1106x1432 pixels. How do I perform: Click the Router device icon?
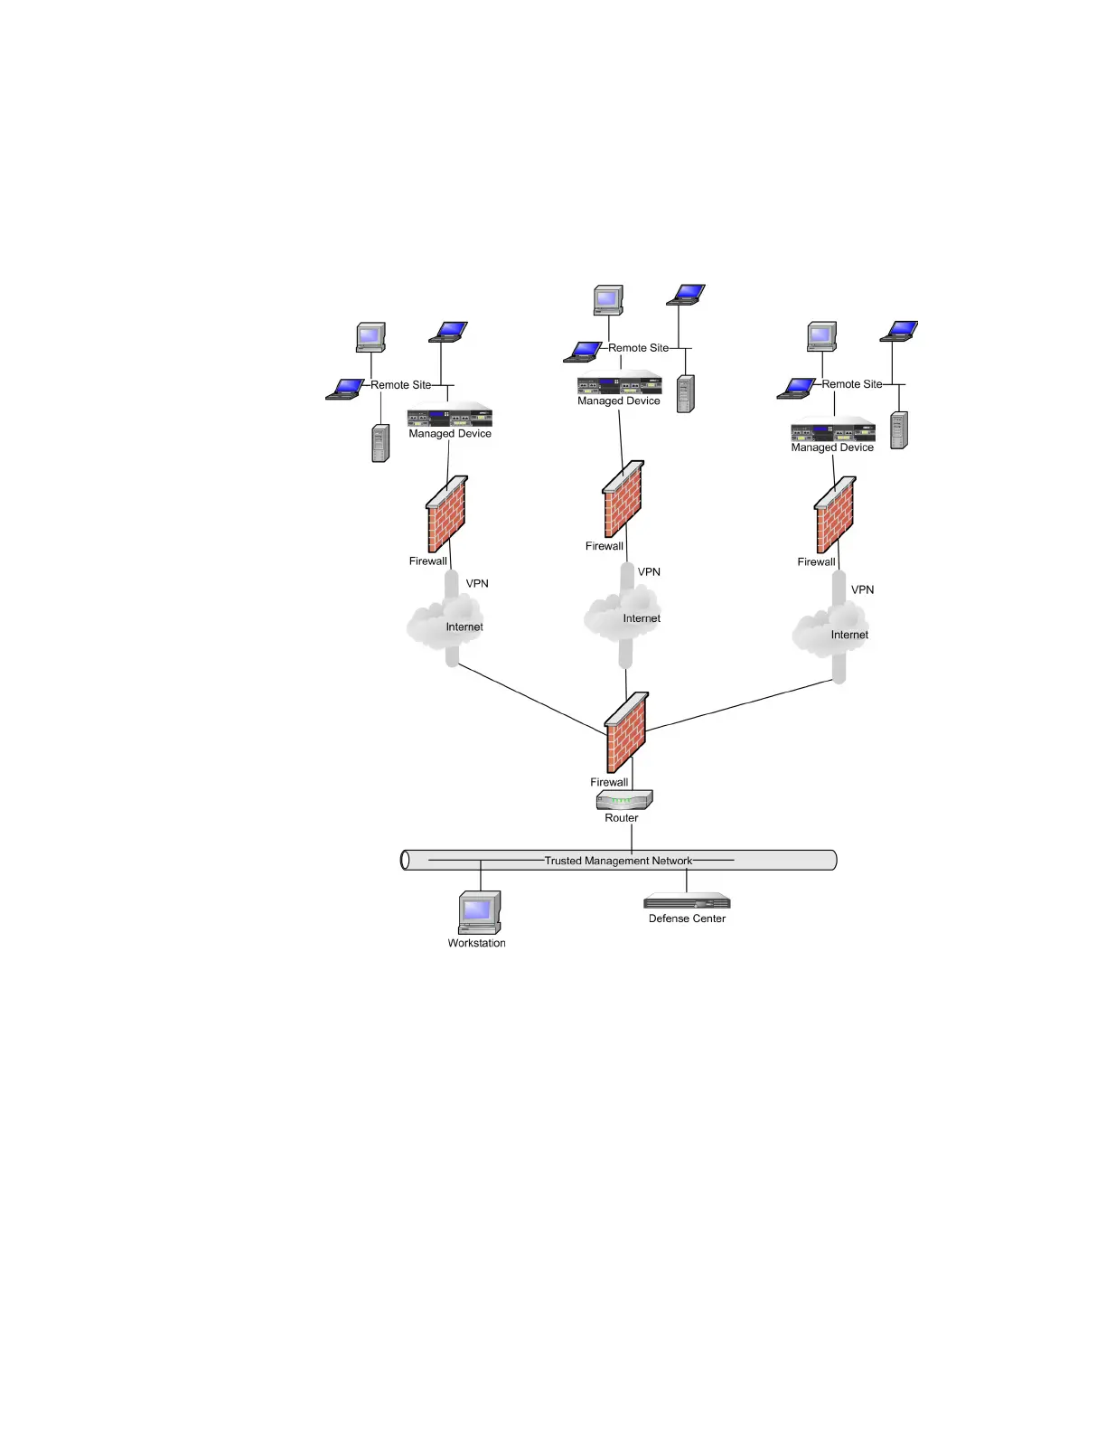[624, 800]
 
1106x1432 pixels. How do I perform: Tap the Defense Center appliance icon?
[687, 901]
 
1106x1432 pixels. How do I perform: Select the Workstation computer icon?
[479, 912]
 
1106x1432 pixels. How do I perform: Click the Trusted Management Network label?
[618, 861]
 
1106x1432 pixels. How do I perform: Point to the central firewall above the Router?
[626, 731]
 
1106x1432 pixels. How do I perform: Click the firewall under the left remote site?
[446, 513]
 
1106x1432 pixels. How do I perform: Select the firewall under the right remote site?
[834, 514]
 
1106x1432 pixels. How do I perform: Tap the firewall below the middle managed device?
[623, 499]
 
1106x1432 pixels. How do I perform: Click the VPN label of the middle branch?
[649, 571]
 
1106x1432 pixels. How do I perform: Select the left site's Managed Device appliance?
[449, 417]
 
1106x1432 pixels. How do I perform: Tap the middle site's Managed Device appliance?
[619, 383]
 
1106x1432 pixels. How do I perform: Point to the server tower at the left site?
[380, 443]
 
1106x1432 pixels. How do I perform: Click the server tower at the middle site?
[685, 394]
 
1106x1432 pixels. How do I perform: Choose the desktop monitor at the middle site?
[608, 299]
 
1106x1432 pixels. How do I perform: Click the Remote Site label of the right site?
[851, 384]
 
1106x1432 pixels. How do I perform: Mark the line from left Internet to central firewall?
[531, 698]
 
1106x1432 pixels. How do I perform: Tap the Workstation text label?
[476, 943]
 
